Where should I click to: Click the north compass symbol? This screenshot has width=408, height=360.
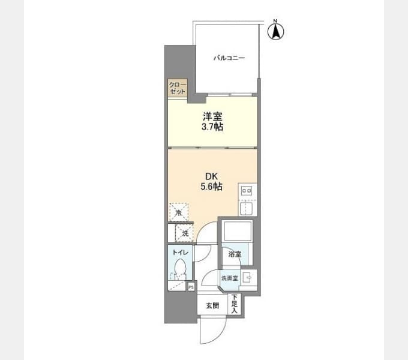[276, 31]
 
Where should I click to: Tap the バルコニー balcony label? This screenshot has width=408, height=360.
[229, 58]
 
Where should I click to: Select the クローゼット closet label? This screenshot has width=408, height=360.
[178, 88]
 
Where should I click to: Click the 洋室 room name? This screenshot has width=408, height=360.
[212, 116]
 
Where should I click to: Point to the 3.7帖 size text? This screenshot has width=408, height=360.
[212, 127]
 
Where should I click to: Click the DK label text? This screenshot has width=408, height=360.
[211, 176]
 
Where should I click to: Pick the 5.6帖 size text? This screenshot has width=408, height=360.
[211, 187]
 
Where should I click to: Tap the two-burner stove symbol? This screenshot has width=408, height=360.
[247, 191]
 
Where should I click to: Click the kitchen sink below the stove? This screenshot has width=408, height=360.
[247, 208]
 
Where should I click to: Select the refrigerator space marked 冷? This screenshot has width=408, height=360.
[179, 212]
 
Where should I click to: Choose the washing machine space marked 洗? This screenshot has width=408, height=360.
[184, 233]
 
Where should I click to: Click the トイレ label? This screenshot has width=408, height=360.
[180, 252]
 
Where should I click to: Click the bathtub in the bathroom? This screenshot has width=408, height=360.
[238, 231]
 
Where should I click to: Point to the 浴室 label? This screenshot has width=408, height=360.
[235, 254]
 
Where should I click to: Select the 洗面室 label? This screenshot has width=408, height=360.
[229, 278]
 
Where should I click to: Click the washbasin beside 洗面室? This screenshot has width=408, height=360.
[247, 278]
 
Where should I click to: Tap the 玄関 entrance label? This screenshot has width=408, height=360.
[212, 305]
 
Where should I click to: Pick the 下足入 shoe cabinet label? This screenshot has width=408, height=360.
[234, 304]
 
